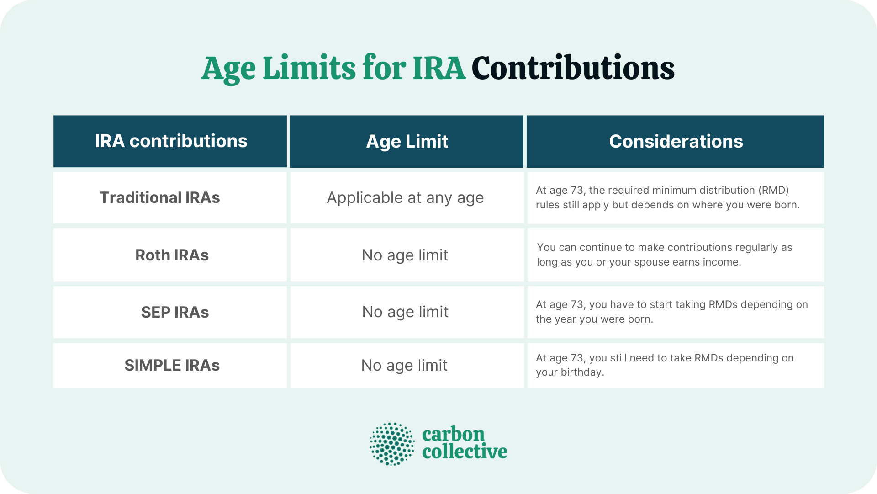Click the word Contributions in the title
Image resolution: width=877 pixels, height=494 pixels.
pyautogui.click(x=573, y=69)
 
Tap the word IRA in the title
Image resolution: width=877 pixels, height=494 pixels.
pyautogui.click(x=438, y=69)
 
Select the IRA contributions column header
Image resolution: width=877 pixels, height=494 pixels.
pyautogui.click(x=171, y=141)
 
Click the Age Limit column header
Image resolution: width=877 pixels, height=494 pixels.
pyautogui.click(x=407, y=142)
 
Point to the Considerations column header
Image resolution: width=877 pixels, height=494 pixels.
pyautogui.click(x=676, y=142)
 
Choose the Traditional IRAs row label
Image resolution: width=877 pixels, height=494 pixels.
pyautogui.click(x=159, y=197)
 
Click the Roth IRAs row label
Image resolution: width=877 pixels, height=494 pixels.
pyautogui.click(x=172, y=255)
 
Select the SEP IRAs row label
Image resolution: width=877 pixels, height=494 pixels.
pyautogui.click(x=174, y=312)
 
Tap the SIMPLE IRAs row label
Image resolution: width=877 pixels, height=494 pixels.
pyautogui.click(x=172, y=365)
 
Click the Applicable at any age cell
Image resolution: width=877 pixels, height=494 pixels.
pyautogui.click(x=405, y=198)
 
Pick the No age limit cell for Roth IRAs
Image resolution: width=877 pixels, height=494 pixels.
pyautogui.click(x=405, y=255)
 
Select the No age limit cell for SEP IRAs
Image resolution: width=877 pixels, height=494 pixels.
pyautogui.click(x=405, y=312)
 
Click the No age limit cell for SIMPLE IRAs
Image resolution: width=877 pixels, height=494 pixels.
pyautogui.click(x=404, y=365)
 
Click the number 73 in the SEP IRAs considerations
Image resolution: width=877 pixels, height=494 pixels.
pyautogui.click(x=577, y=305)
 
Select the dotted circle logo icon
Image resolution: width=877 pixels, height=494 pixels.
pyautogui.click(x=392, y=444)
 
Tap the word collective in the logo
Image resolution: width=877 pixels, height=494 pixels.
pyautogui.click(x=464, y=452)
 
